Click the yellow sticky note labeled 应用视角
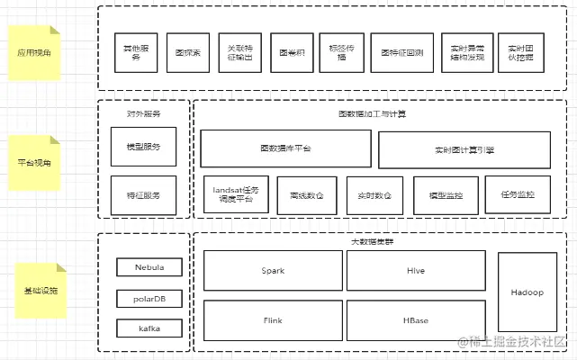(x=34, y=53)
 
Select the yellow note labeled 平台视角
(x=34, y=163)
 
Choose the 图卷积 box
(x=293, y=53)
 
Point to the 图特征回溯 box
(x=401, y=53)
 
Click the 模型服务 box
(x=144, y=147)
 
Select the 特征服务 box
(x=144, y=195)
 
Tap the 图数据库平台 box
(x=285, y=148)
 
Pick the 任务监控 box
(x=517, y=194)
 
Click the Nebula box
(x=149, y=267)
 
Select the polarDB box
(x=149, y=298)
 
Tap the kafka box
(x=149, y=328)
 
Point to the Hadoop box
(x=527, y=293)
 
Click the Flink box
(x=273, y=319)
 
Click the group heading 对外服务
(x=144, y=114)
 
